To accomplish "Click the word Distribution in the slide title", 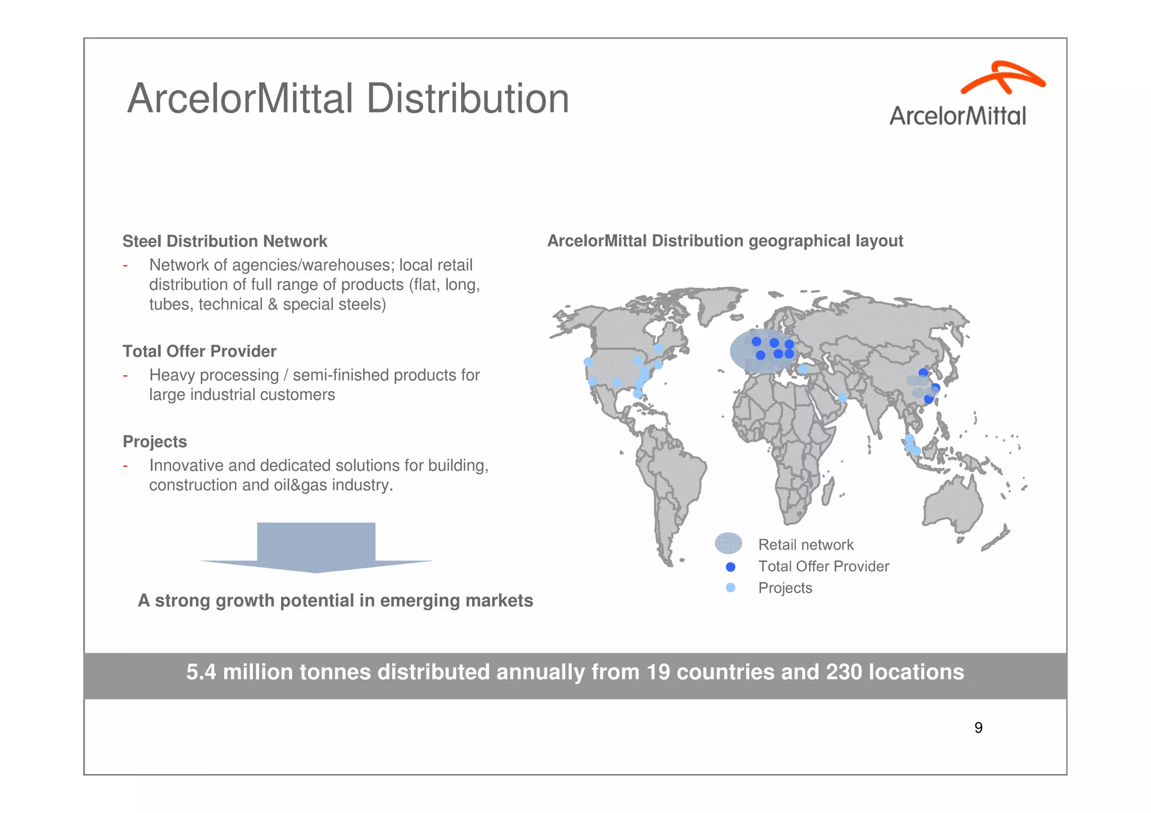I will (468, 99).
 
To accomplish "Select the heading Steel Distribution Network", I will (225, 242).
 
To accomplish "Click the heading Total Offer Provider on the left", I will (200, 352).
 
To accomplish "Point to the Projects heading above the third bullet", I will (155, 442).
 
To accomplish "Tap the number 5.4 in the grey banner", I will (200, 673).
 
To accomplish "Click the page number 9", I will (978, 728).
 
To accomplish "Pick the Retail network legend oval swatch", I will (728, 543).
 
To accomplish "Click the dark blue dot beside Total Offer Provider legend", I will (731, 567).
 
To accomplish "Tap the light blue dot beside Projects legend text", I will (731, 588).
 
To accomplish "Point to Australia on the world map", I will (953, 506).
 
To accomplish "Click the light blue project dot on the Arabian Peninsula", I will (842, 398).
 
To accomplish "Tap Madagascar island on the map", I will (827, 492).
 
